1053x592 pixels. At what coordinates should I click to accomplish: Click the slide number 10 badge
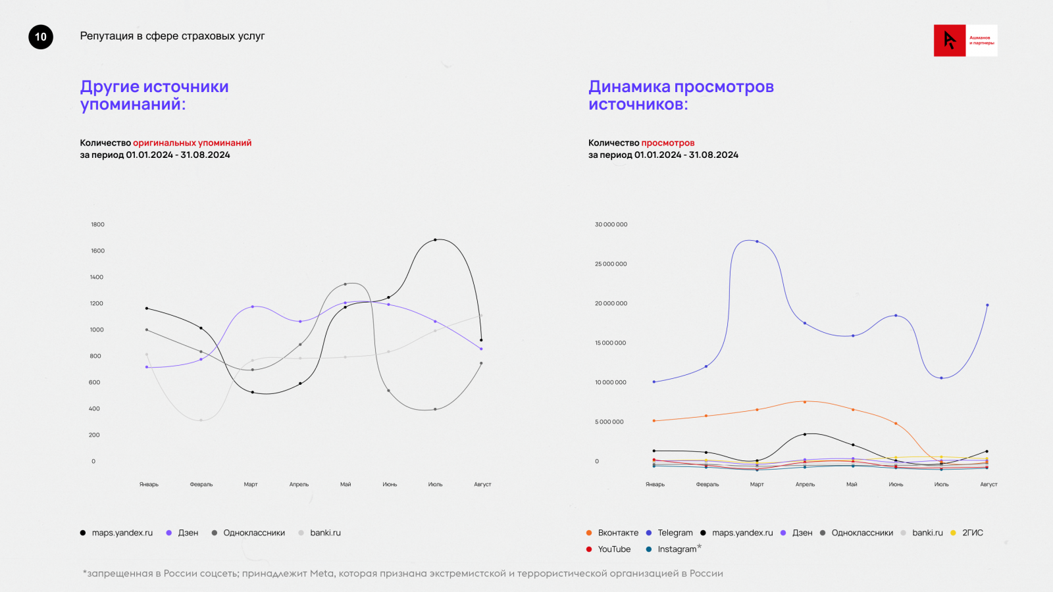tap(41, 37)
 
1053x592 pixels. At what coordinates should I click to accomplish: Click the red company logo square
tap(950, 41)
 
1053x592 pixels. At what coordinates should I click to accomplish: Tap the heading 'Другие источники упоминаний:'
tap(154, 95)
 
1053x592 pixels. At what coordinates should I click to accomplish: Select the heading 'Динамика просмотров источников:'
tap(681, 95)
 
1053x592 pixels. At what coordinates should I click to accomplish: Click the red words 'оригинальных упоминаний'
tap(192, 143)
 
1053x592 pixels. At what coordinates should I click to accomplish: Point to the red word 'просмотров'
tap(667, 143)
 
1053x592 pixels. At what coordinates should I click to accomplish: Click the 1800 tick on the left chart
tap(97, 224)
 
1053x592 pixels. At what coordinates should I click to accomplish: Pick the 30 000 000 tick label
tap(611, 224)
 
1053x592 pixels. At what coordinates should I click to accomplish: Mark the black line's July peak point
tap(435, 240)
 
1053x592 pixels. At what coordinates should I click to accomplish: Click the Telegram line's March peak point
tap(757, 241)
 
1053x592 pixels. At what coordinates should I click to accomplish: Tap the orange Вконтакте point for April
tap(804, 402)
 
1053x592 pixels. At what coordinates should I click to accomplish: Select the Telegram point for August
tap(987, 305)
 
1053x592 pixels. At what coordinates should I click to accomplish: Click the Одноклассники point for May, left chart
tap(346, 284)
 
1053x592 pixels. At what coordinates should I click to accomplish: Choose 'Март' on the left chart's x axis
tap(251, 484)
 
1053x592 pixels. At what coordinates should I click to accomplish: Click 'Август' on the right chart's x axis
tap(989, 484)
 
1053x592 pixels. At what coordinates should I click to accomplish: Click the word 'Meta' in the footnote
tap(322, 574)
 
